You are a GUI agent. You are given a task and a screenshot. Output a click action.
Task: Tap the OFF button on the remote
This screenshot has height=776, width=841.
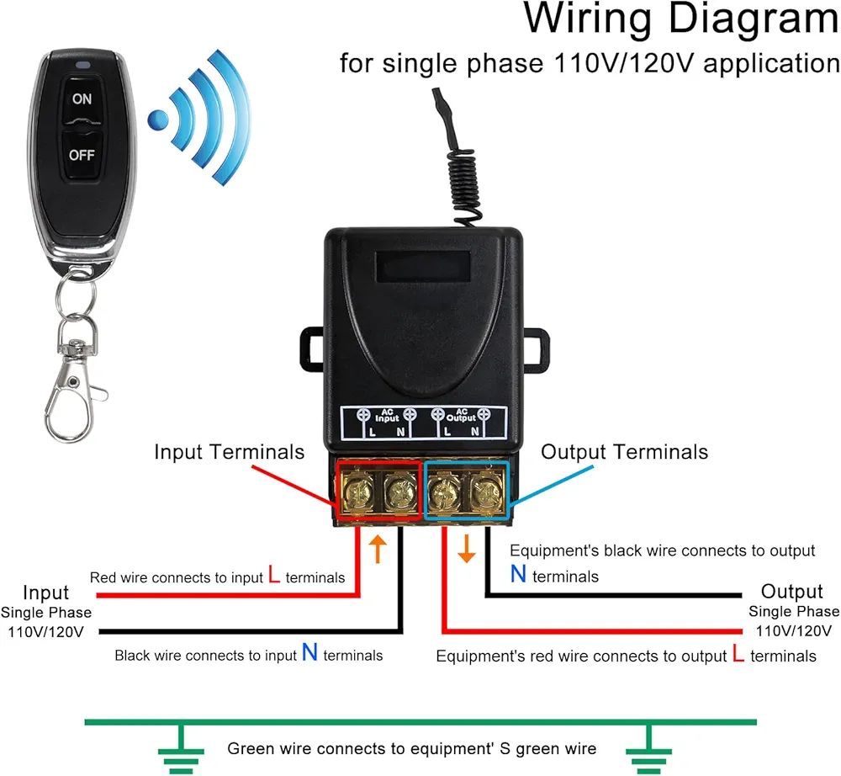82,155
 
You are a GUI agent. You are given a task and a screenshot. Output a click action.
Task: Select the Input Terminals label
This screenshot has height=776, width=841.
229,452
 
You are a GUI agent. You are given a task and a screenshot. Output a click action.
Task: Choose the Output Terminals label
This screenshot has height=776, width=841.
624,452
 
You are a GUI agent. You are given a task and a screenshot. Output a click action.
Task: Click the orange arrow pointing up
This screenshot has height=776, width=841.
378,548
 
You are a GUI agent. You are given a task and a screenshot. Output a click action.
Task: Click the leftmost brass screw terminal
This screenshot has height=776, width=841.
356,490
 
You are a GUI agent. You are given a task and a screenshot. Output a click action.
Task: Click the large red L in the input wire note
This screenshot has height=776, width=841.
274,576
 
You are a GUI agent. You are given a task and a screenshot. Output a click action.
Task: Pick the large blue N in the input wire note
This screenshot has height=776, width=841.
309,652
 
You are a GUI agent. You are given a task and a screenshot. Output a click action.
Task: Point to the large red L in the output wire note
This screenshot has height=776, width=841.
738,654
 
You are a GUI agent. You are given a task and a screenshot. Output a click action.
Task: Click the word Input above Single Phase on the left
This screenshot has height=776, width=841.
46,593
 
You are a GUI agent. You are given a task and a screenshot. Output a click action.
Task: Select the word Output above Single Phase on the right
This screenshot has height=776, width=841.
792,591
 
